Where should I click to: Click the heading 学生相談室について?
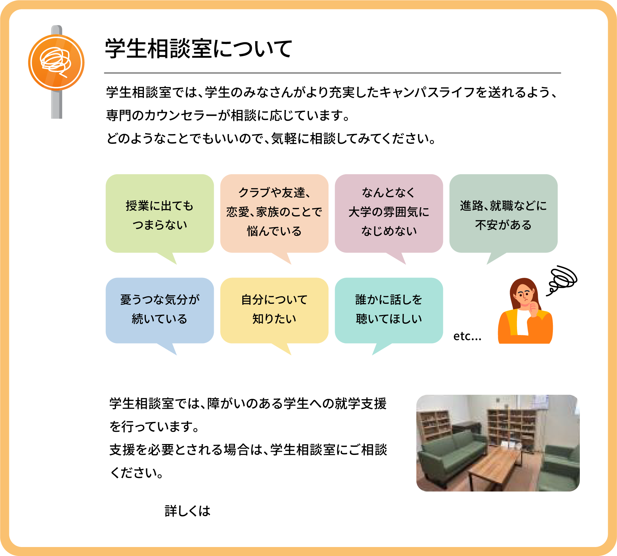pyautogui.click(x=198, y=49)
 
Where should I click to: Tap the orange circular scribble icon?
pyautogui.click(x=56, y=63)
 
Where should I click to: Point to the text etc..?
pyautogui.click(x=467, y=336)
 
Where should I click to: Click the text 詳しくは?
pyautogui.click(x=188, y=511)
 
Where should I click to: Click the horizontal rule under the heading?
pyautogui.click(x=332, y=73)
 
